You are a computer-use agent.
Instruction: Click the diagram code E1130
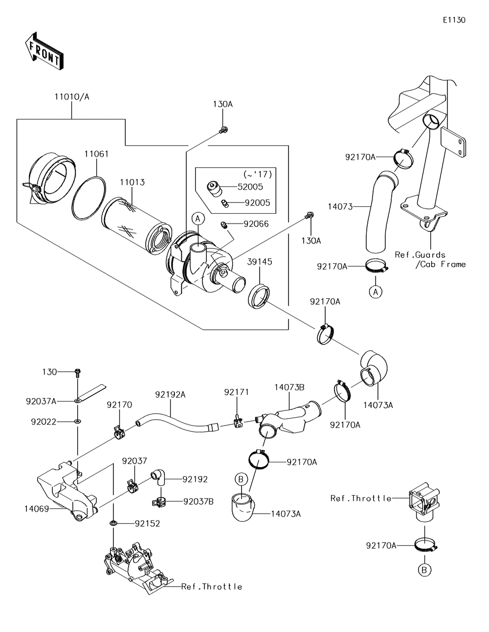pyautogui.click(x=454, y=20)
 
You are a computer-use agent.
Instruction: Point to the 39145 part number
pyautogui.click(x=260, y=262)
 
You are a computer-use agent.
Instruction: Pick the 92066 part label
pyautogui.click(x=257, y=224)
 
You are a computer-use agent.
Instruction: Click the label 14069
pyautogui.click(x=37, y=508)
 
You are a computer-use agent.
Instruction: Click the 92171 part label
pyautogui.click(x=237, y=392)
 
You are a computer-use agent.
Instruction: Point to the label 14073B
pyautogui.click(x=289, y=387)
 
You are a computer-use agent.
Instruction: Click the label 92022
pyautogui.click(x=44, y=421)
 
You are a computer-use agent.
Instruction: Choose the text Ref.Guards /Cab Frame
pyautogui.click(x=429, y=259)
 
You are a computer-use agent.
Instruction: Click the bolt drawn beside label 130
pyautogui.click(x=77, y=373)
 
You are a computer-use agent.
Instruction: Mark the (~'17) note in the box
pyautogui.click(x=257, y=174)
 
